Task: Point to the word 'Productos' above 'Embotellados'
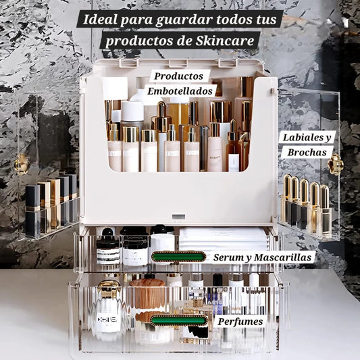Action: click(x=178, y=76)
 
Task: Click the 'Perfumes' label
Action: click(x=240, y=322)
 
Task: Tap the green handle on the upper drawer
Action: click(x=178, y=257)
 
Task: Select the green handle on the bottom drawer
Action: click(x=178, y=320)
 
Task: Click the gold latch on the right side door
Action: click(x=336, y=164)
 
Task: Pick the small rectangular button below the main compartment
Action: click(x=178, y=218)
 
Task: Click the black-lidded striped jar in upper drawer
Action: click(x=107, y=248)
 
